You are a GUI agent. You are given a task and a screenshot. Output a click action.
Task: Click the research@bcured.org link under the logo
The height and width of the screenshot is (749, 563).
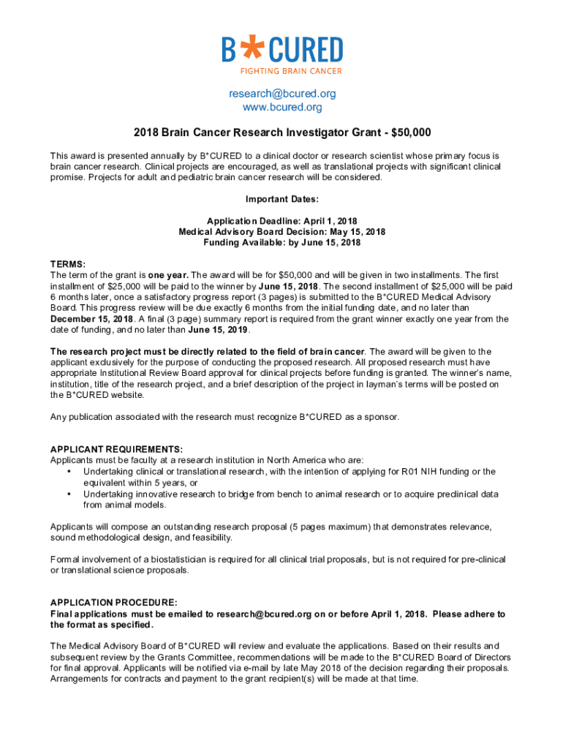281,94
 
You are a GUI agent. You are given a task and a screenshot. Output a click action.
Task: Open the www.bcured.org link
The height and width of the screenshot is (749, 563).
281,108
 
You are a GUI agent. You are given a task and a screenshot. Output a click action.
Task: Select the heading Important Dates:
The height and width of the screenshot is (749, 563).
281,199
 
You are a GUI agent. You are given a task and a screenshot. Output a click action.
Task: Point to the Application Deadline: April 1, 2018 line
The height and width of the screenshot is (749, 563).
281,221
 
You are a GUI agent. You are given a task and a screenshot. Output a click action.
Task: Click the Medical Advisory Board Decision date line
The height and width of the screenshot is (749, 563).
281,232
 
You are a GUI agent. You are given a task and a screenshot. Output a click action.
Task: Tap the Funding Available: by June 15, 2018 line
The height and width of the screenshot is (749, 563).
281,243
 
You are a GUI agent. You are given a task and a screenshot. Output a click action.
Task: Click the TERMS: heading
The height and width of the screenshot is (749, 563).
68,264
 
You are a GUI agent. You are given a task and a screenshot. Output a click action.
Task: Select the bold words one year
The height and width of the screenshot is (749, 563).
168,275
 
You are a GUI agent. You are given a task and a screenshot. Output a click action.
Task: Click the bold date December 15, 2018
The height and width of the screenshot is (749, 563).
92,319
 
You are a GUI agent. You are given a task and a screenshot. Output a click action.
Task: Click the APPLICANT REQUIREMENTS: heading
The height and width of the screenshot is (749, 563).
116,449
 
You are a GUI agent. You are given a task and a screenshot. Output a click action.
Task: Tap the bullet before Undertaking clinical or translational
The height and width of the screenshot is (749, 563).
68,472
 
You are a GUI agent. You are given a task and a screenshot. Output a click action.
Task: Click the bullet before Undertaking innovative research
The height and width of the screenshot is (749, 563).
68,494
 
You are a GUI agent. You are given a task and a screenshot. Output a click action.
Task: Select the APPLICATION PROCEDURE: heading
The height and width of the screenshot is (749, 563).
113,603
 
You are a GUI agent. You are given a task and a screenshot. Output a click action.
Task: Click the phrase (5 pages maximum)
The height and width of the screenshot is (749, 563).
332,527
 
